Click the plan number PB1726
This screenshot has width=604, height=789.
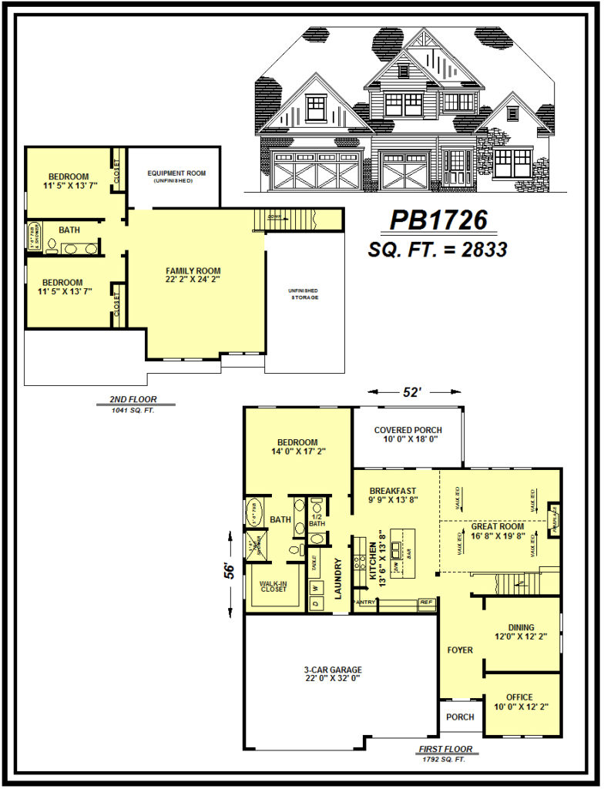click(438, 220)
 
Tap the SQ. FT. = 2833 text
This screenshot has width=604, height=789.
click(438, 249)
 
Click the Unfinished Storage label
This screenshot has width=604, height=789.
click(304, 293)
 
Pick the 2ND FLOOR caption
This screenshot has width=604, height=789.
click(129, 399)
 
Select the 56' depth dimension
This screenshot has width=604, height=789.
click(230, 571)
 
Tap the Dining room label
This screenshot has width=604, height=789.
click(521, 632)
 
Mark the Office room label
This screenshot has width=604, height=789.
click(521, 702)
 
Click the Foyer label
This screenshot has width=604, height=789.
click(460, 650)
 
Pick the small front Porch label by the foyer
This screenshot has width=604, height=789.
click(460, 717)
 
